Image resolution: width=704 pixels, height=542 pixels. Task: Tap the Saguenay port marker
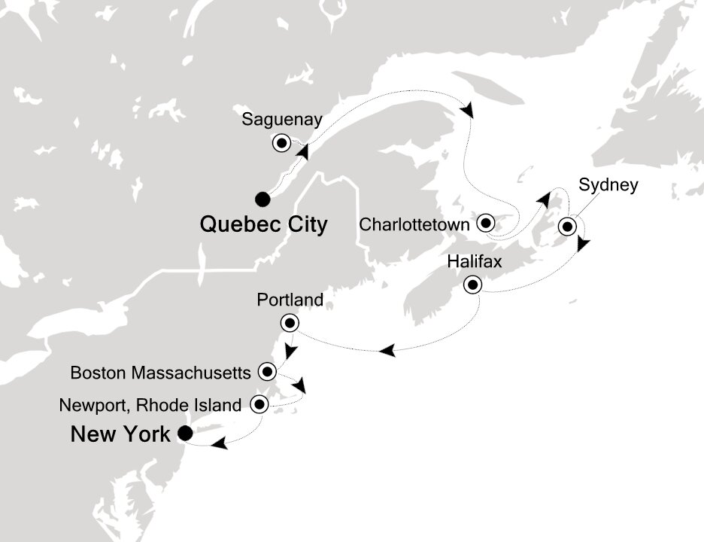point(282,142)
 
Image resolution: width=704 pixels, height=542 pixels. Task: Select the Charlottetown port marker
point(485,223)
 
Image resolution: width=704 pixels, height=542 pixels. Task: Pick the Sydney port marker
point(568,227)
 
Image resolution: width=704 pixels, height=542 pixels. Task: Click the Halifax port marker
point(472,285)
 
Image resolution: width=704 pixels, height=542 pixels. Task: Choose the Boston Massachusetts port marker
point(269,371)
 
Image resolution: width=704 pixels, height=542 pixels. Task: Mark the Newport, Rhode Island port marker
point(259,404)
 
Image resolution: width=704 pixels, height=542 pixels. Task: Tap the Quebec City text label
point(263,224)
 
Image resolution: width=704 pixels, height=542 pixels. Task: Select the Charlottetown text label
point(415,224)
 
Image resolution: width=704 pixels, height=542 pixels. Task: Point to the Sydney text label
point(608,185)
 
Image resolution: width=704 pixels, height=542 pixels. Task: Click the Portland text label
point(290,300)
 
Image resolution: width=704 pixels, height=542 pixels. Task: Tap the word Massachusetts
point(203,372)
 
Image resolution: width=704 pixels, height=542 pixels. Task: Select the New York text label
point(120,434)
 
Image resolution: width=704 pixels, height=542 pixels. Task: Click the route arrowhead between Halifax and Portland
point(387,351)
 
